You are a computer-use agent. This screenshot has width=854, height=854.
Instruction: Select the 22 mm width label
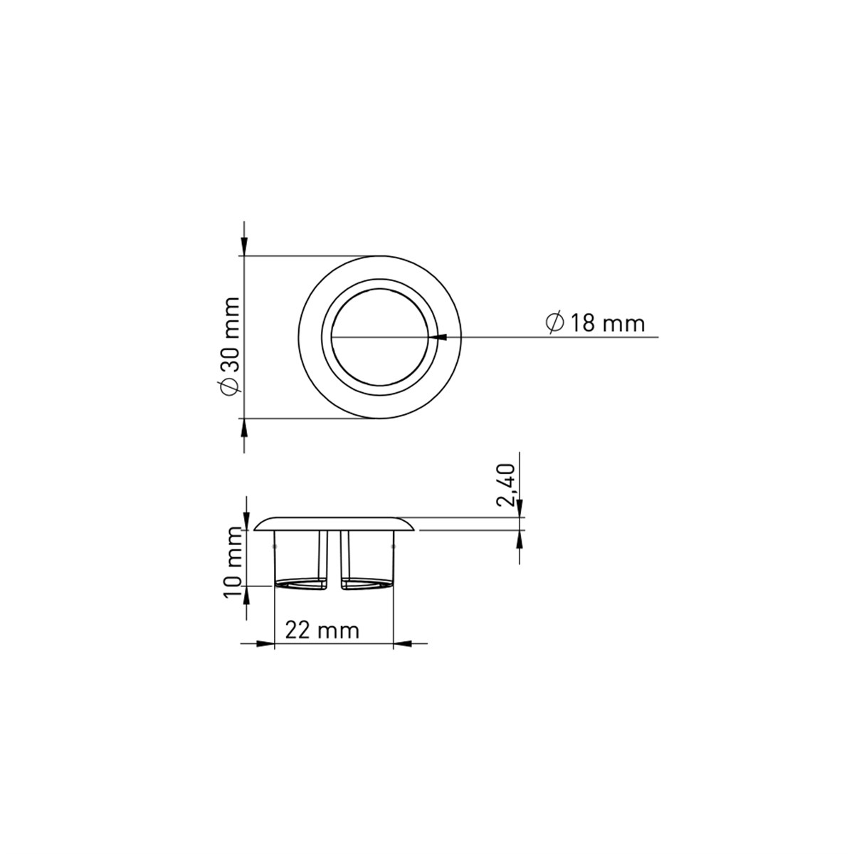(322, 630)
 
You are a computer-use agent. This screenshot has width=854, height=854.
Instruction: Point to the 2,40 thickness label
(505, 485)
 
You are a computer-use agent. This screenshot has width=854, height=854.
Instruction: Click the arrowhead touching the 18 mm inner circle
(437, 337)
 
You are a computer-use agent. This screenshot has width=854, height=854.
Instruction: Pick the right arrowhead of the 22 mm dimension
(402, 643)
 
